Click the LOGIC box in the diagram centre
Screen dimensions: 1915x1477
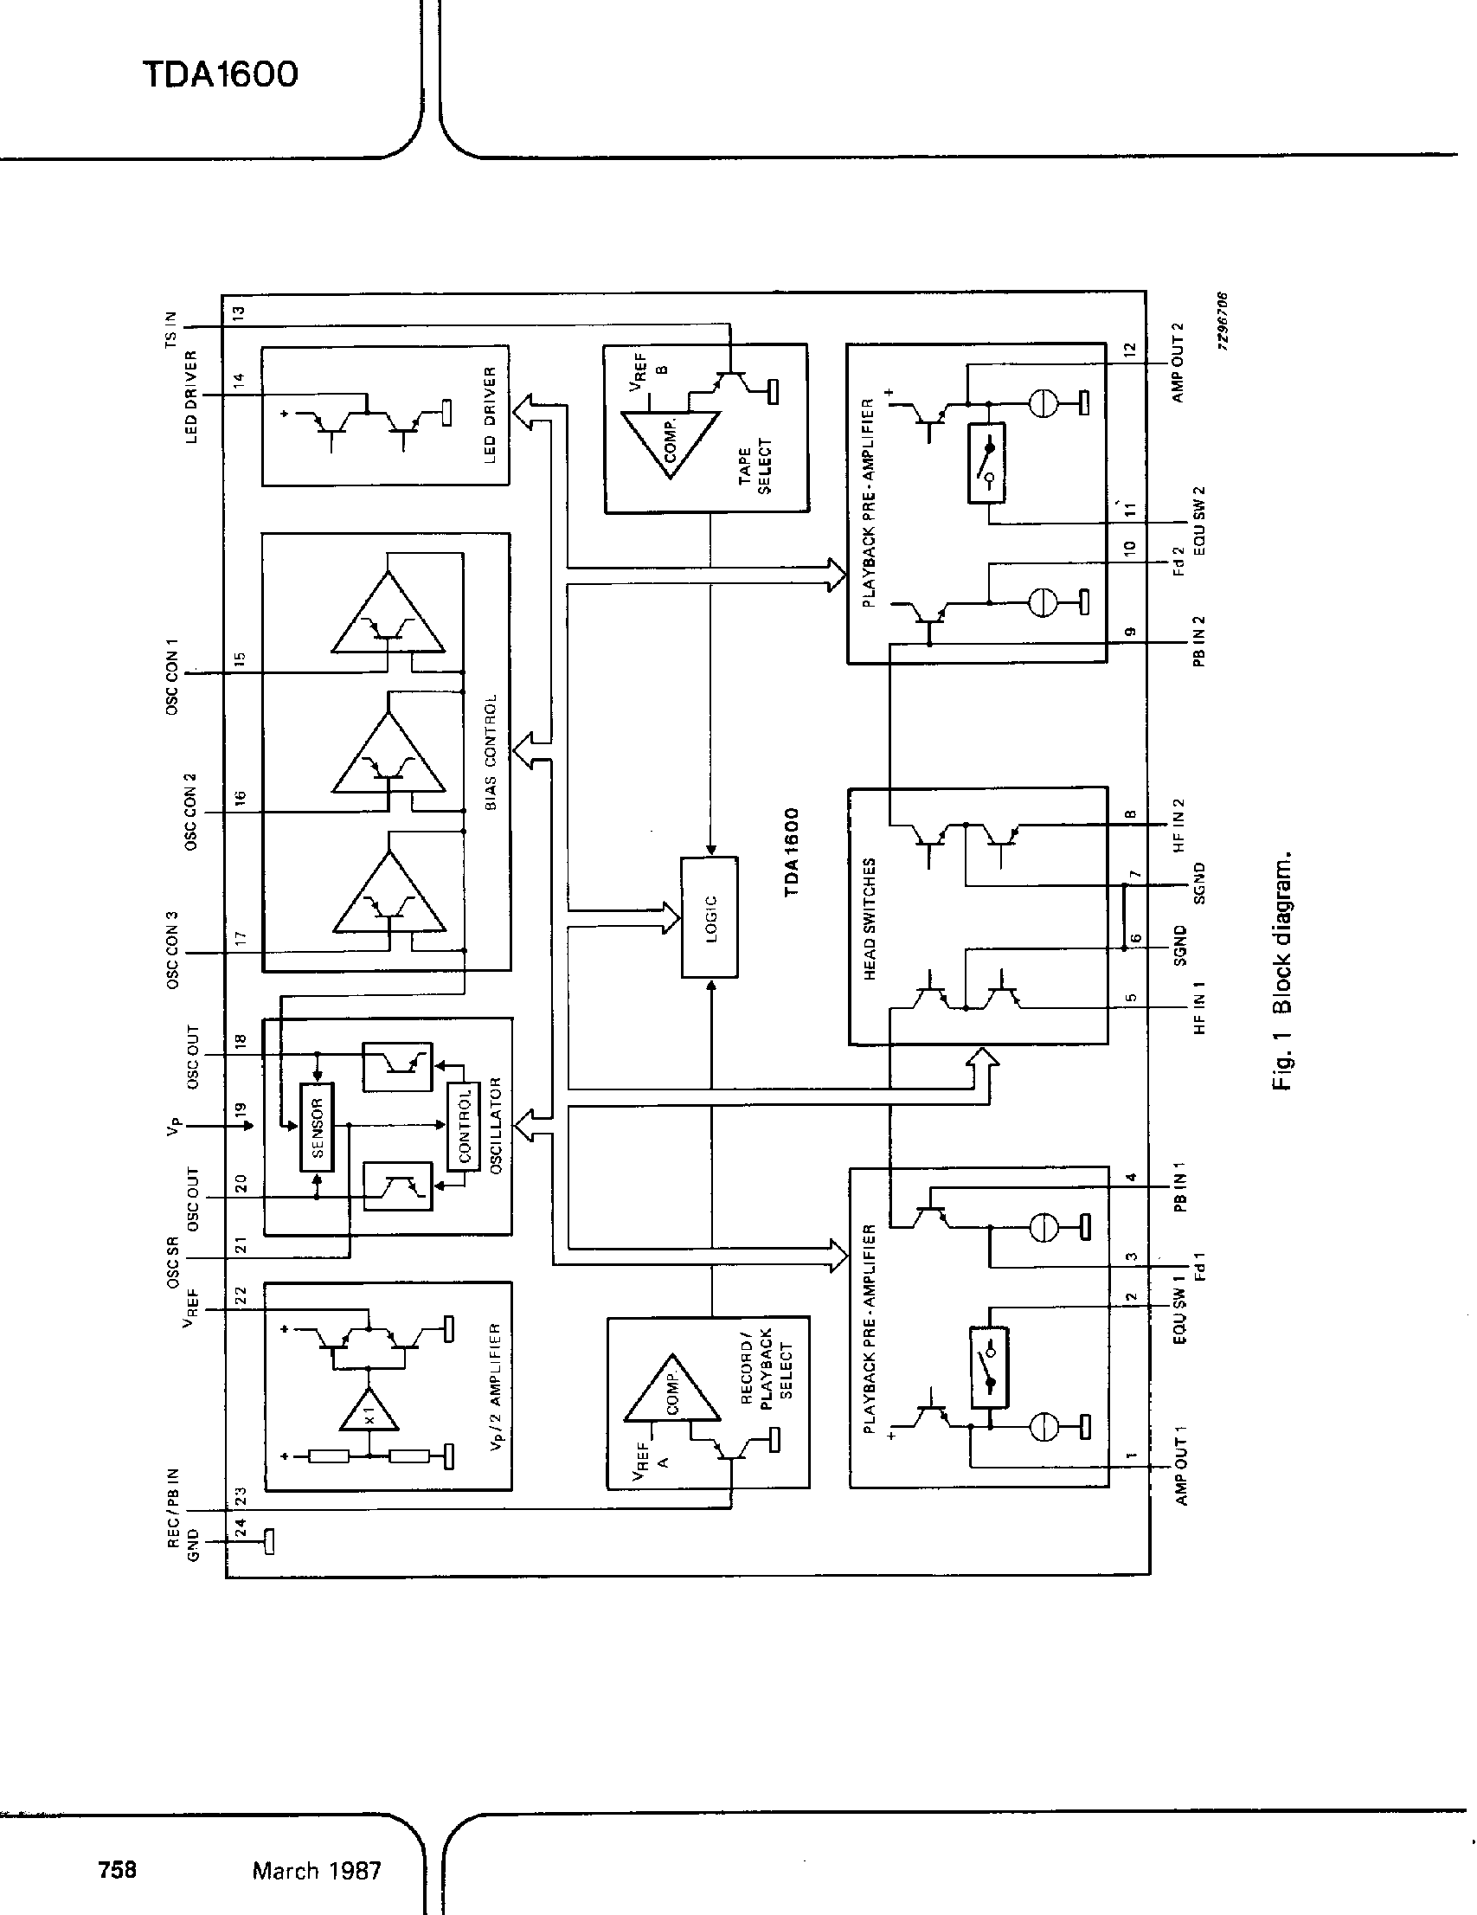(x=710, y=916)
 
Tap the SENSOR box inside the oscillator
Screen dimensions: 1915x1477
(x=317, y=1127)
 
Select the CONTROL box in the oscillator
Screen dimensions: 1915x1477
(x=464, y=1127)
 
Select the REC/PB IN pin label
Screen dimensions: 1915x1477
(x=174, y=1508)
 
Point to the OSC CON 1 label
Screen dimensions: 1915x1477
(x=172, y=675)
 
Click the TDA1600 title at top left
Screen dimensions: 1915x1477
(x=220, y=74)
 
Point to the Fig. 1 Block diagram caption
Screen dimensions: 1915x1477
(x=1281, y=970)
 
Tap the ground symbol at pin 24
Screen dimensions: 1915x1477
(x=268, y=1539)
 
